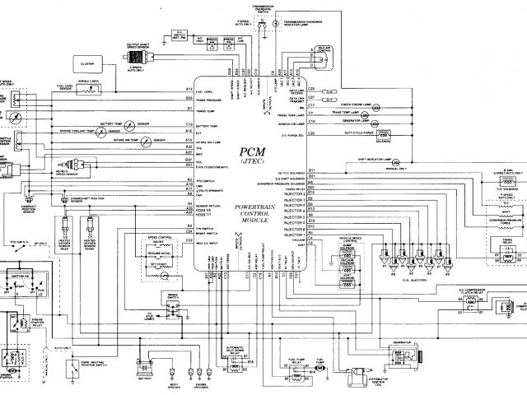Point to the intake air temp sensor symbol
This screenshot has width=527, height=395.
pyautogui.click(x=145, y=142)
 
